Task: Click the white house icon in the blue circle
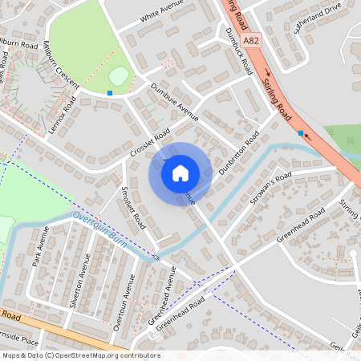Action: [180, 173]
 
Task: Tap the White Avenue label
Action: [160, 17]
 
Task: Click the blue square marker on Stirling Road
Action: [300, 133]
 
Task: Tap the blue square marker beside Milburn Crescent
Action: [109, 93]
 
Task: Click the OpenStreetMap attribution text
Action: [80, 355]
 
